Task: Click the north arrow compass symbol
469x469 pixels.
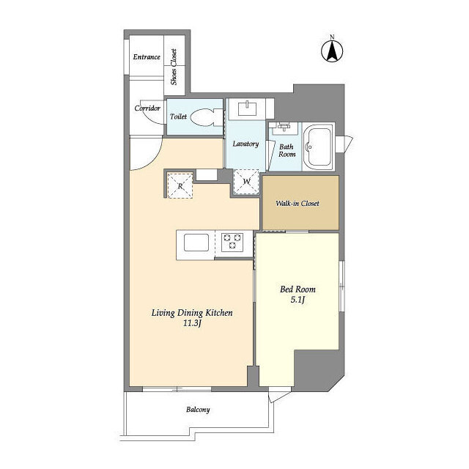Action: (332, 51)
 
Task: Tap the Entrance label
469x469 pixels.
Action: (147, 57)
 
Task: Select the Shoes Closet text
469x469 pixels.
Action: (174, 67)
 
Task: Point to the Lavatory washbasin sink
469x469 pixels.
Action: (247, 109)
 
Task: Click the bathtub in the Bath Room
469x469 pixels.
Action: (318, 147)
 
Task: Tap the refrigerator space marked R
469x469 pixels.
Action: (180, 185)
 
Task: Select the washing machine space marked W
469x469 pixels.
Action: (246, 182)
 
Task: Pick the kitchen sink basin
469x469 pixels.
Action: (196, 243)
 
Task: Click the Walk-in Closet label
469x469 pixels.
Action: (298, 204)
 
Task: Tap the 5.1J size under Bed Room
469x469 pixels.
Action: (298, 300)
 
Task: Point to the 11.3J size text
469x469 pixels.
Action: (192, 323)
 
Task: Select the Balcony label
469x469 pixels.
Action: (198, 410)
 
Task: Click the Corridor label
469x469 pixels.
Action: (147, 108)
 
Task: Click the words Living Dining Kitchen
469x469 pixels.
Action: (192, 313)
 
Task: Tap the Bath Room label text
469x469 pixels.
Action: (287, 150)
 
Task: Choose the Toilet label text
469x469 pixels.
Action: (178, 117)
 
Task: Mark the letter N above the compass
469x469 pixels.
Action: (332, 37)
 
